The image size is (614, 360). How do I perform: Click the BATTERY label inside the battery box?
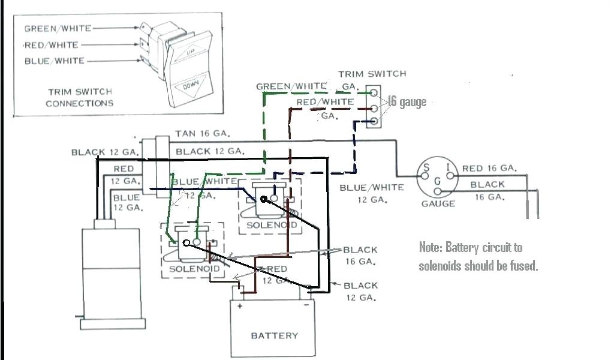tap(274, 335)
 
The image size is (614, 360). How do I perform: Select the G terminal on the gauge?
tap(438, 181)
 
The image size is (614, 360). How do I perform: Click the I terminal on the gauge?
tap(448, 168)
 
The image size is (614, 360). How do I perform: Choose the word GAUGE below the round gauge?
tap(438, 204)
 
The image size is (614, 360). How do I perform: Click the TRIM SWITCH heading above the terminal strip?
tap(372, 74)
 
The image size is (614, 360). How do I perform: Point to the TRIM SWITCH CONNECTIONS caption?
tap(79, 97)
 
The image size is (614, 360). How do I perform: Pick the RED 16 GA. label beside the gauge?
tap(488, 169)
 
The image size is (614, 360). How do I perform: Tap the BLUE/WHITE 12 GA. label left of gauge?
tap(371, 193)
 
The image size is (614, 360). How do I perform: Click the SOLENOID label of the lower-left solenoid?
tap(192, 268)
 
